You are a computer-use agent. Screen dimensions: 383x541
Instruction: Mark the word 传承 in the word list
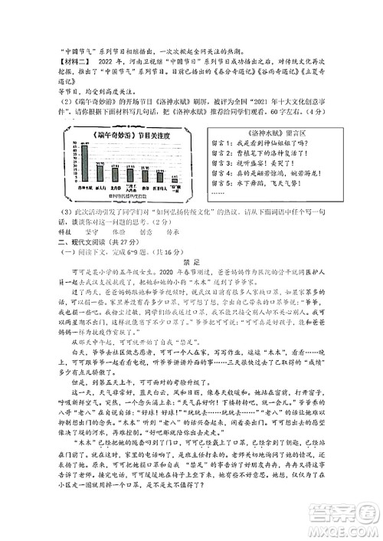[173, 229]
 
